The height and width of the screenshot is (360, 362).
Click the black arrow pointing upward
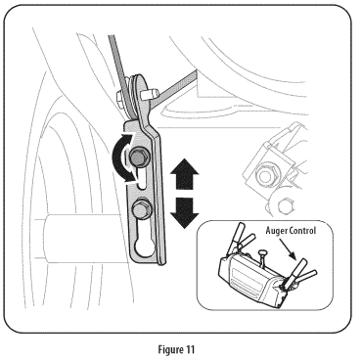(x=184, y=174)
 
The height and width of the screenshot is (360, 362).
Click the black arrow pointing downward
(x=184, y=212)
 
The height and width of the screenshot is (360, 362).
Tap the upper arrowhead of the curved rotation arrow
(x=129, y=138)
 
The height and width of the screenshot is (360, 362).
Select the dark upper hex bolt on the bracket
(x=138, y=158)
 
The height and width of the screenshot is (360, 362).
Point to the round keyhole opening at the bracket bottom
(x=144, y=249)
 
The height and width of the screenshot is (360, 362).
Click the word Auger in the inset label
(x=277, y=231)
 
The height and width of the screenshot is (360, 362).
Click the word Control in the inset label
(x=303, y=231)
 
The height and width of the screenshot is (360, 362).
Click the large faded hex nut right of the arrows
(x=266, y=173)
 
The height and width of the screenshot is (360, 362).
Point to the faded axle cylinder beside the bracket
(x=81, y=239)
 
